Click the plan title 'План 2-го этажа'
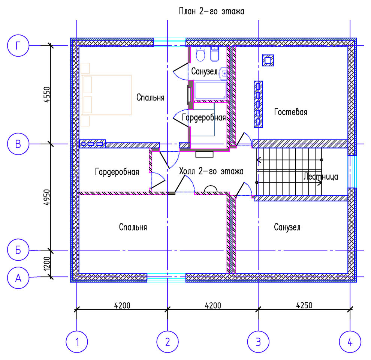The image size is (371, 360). (x=211, y=11)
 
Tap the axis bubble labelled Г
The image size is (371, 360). (x=18, y=45)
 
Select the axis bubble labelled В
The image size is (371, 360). (x=18, y=144)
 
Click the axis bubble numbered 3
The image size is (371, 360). (x=258, y=342)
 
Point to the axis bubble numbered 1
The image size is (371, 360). (x=77, y=342)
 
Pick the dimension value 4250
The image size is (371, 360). (x=304, y=305)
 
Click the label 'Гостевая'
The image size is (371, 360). (x=290, y=112)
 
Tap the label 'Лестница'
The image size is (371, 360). (x=321, y=177)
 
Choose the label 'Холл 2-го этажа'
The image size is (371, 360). (x=211, y=171)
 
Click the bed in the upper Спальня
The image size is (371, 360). (x=106, y=95)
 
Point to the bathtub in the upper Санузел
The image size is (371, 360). (x=210, y=90)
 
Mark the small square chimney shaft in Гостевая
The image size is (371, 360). (x=268, y=60)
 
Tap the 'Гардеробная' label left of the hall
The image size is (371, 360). (x=117, y=172)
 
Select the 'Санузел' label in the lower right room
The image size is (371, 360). (x=287, y=227)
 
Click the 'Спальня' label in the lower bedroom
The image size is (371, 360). (x=133, y=227)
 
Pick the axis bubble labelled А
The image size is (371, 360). (x=18, y=277)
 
